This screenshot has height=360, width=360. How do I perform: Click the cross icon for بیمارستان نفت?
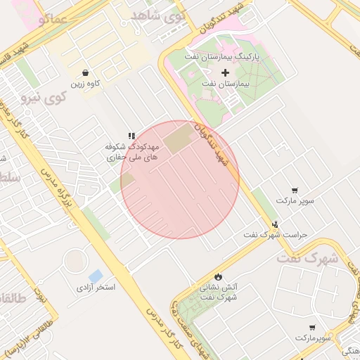point(225,72)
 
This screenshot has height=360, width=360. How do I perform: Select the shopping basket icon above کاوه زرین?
point(85,72)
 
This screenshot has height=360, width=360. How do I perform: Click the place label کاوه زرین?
point(85,84)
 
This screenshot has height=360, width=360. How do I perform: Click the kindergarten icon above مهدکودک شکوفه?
point(131,136)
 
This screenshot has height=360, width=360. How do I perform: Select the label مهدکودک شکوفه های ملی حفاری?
point(133,153)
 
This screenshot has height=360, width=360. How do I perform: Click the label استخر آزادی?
point(96,288)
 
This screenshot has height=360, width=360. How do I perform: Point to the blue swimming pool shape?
point(96,275)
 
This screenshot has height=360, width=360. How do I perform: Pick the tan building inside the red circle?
point(181,138)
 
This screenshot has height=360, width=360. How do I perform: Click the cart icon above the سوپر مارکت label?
point(294,190)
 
